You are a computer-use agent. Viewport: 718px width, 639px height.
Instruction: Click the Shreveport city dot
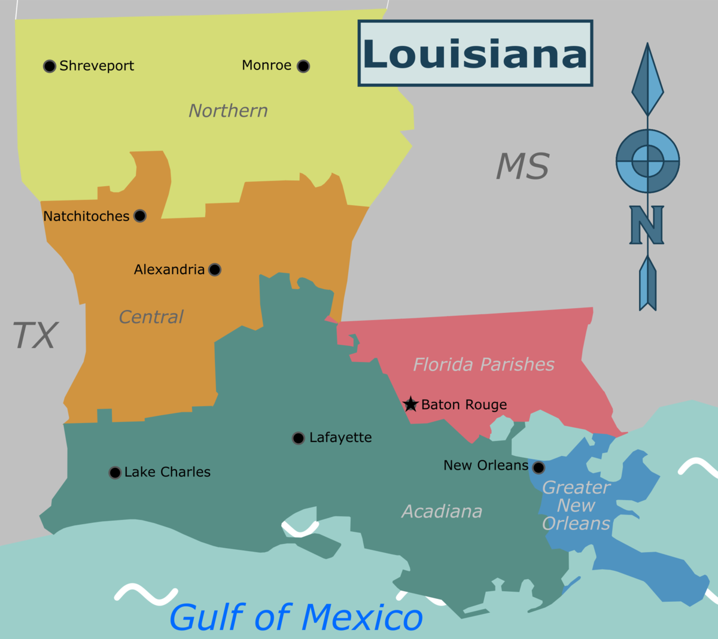[x=50, y=66]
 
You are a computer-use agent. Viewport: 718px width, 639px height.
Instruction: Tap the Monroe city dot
[x=303, y=66]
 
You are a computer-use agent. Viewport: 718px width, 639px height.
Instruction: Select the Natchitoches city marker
[x=140, y=216]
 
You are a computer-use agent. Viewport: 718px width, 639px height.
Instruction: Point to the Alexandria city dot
[x=215, y=270]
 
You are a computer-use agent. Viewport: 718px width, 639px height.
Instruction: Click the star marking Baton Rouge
[x=410, y=404]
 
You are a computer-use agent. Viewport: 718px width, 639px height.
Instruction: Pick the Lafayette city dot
[x=298, y=438]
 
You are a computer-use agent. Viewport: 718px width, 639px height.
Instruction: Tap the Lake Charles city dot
[x=115, y=473]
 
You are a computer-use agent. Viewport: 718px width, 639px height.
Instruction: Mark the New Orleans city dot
[x=538, y=467]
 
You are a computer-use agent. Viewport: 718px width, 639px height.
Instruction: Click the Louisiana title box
[x=475, y=53]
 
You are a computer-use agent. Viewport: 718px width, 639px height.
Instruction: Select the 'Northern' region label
[x=228, y=111]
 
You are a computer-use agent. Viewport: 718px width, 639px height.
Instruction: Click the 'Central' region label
[x=151, y=317]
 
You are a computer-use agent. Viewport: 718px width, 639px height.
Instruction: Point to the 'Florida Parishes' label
[x=483, y=364]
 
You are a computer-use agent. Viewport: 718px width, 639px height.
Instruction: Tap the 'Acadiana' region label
[x=442, y=512]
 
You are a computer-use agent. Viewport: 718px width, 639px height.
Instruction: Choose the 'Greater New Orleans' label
[x=576, y=506]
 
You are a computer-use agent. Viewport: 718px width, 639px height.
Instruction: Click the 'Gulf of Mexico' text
[x=296, y=617]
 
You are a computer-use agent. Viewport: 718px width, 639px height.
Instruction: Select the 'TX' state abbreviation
[x=35, y=335]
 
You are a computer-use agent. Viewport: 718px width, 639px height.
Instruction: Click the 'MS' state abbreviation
[x=522, y=166]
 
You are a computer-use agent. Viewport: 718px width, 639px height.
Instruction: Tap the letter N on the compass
[x=647, y=225]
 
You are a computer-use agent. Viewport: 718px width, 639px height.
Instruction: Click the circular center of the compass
[x=647, y=161]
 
